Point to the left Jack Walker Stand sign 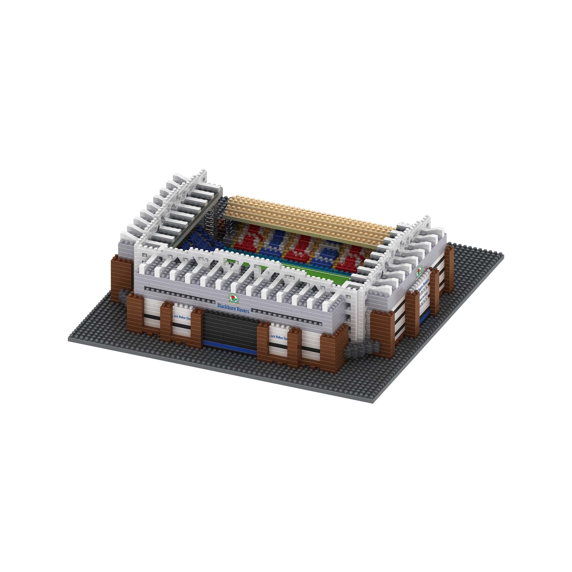click(182, 317)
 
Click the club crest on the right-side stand click(419, 272)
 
